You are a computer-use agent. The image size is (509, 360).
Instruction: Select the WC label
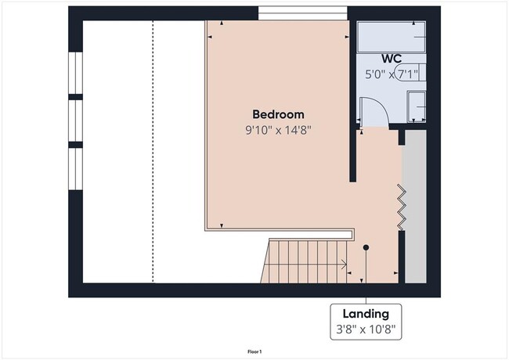tap(392, 59)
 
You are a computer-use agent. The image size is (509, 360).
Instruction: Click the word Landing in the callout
tap(365, 314)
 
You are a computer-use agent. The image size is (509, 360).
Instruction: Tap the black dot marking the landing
tap(366, 247)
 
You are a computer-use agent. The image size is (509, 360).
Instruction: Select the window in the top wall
tap(302, 13)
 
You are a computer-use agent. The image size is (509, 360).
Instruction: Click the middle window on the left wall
tap(75, 121)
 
